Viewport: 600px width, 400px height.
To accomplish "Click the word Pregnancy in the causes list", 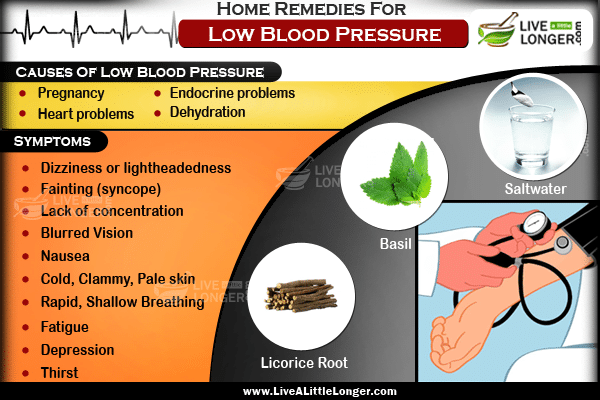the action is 71,93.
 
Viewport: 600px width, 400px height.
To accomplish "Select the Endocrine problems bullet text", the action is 232,93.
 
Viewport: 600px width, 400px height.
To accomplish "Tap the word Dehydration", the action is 207,112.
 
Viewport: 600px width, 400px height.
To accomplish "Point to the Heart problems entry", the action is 86,114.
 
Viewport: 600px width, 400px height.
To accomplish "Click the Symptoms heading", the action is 52,141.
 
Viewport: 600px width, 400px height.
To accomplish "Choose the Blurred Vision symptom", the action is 87,233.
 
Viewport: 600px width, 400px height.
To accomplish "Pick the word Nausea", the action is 65,256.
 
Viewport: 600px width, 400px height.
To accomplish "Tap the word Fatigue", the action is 65,327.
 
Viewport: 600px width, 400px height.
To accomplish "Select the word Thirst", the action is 59,372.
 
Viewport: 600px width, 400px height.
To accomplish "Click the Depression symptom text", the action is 77,350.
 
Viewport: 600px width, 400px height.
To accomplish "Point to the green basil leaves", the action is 396,174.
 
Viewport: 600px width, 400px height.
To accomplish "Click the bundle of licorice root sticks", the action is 301,295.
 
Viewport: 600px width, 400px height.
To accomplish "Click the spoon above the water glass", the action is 521,94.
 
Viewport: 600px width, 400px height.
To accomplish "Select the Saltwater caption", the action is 535,189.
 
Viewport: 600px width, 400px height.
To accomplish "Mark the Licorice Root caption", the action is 304,363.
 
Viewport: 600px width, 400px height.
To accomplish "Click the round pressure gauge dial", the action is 535,223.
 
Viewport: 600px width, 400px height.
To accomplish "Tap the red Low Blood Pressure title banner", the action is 323,34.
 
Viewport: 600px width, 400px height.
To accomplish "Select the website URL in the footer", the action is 320,391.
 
